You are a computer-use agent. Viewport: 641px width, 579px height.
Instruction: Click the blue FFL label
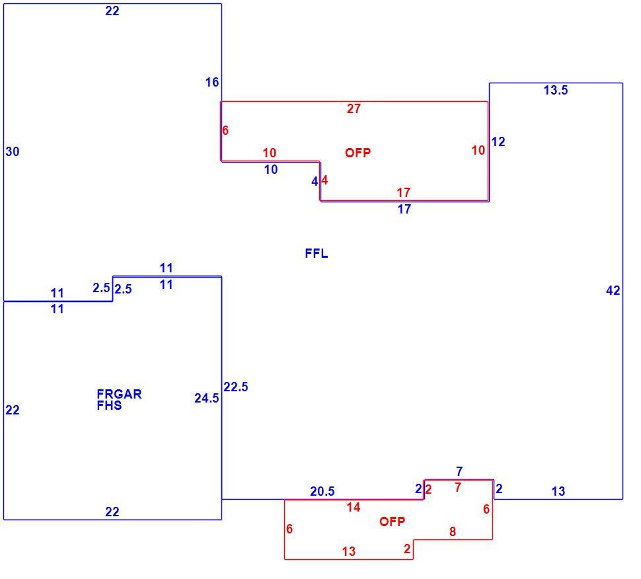coord(317,254)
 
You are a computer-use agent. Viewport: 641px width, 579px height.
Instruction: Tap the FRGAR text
coord(119,394)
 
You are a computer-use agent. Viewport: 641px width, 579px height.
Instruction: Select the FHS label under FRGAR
coord(109,405)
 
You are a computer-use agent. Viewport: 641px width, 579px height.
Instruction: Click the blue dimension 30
coord(13,152)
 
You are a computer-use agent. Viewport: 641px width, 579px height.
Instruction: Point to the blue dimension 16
coord(212,82)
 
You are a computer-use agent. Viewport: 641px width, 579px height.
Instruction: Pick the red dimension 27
coord(354,109)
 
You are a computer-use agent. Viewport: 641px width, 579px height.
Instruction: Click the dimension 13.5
coord(556,90)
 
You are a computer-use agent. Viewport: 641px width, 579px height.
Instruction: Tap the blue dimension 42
coord(613,291)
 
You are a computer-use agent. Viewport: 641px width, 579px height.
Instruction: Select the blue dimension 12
coord(498,142)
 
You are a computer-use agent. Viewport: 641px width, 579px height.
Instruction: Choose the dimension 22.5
coord(235,387)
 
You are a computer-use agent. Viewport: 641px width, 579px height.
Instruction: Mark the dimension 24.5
coord(206,399)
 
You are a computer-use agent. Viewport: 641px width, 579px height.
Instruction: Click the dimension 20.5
coord(322,492)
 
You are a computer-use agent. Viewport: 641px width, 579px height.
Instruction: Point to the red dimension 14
coord(354,508)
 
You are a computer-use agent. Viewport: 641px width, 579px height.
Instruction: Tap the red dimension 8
coord(453,531)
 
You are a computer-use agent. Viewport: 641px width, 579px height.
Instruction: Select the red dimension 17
coord(404,192)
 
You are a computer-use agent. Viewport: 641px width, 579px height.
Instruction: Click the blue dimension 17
coord(404,210)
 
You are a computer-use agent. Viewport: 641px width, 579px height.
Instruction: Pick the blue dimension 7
coord(459,471)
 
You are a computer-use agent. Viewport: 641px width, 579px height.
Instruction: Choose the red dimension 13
coord(349,552)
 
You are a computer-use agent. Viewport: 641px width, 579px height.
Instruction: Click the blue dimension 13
coord(558,492)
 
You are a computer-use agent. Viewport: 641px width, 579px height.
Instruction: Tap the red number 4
coord(324,180)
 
